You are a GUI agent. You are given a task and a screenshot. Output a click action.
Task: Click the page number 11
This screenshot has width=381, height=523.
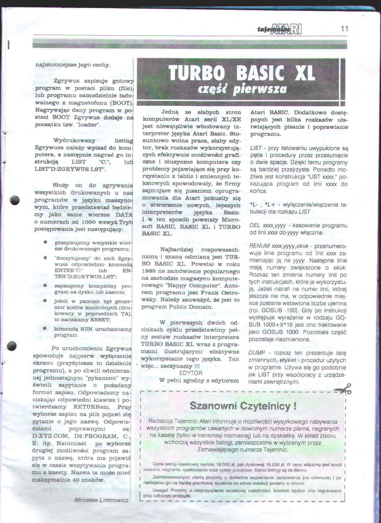pyautogui.click(x=344, y=29)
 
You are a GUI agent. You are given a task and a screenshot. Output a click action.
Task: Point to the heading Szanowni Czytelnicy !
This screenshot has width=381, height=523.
pyautogui.click(x=243, y=406)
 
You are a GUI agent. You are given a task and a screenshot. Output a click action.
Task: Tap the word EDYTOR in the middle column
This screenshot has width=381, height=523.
pyautogui.click(x=190, y=373)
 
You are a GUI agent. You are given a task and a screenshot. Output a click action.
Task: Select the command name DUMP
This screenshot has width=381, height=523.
pyautogui.click(x=256, y=353)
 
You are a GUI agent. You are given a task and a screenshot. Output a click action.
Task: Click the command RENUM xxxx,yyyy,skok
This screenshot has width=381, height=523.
pyautogui.click(x=277, y=246)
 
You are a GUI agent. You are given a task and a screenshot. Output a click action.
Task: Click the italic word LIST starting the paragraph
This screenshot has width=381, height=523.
pyautogui.click(x=256, y=148)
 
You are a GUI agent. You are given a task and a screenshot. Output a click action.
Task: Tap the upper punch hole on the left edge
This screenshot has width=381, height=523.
pyautogui.click(x=15, y=201)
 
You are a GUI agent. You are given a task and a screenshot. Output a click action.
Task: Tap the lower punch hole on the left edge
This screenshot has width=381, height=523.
pyautogui.click(x=12, y=346)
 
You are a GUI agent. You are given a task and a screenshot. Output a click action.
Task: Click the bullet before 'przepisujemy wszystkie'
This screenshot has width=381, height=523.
pyautogui.click(x=46, y=242)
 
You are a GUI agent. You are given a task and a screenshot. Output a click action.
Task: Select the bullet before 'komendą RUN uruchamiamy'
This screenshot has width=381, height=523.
pyautogui.click(x=45, y=328)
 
